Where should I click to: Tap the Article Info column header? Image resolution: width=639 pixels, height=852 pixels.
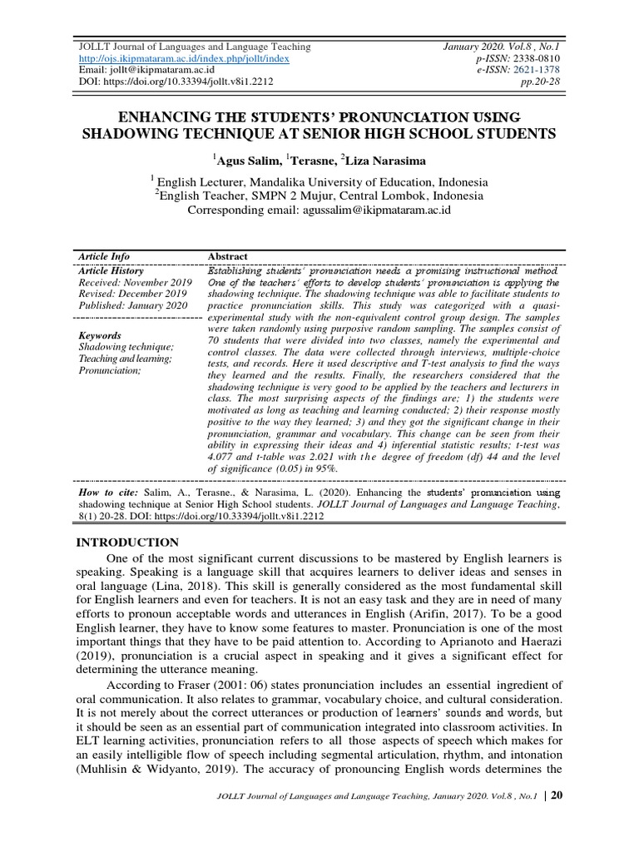tap(104, 256)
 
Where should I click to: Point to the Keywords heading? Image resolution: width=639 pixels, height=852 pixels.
tap(100, 335)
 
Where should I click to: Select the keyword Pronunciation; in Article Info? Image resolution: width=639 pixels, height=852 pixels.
tap(110, 369)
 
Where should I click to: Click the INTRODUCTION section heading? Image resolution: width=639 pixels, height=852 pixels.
tap(128, 542)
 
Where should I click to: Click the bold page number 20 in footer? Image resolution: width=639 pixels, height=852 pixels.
tap(557, 819)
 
